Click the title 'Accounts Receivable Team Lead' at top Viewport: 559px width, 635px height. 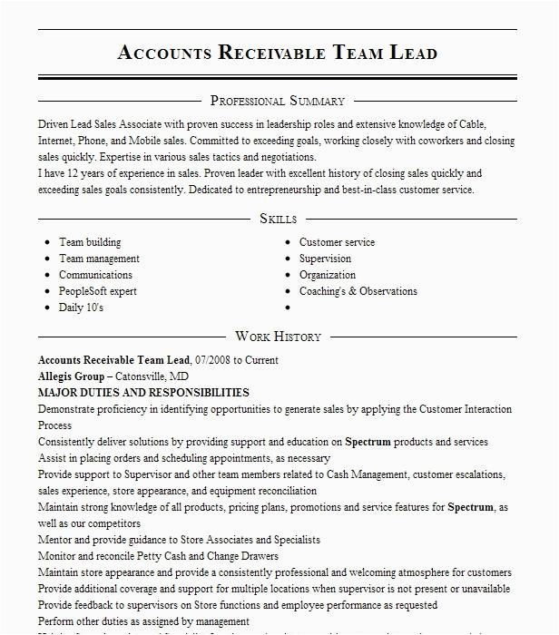coord(278,52)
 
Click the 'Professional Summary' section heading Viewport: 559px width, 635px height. coord(278,101)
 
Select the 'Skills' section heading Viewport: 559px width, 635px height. coord(278,219)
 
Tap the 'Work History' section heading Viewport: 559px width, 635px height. coord(278,337)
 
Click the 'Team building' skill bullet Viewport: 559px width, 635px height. coord(90,242)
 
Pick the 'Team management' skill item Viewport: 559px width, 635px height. coord(99,259)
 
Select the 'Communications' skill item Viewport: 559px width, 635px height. coord(95,275)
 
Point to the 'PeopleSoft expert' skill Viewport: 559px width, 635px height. coord(98,291)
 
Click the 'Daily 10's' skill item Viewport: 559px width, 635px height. coord(81,308)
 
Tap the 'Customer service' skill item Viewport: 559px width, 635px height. coord(337,242)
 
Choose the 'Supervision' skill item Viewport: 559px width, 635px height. coord(325,259)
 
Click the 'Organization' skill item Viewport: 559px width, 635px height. coord(328,275)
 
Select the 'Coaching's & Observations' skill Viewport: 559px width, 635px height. coord(358,291)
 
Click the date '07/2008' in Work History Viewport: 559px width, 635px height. coord(213,360)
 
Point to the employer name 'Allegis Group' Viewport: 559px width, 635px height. coord(72,376)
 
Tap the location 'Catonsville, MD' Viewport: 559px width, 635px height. coord(152,376)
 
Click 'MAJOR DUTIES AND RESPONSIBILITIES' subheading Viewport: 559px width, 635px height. coord(143,393)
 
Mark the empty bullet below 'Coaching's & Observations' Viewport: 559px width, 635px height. coord(289,308)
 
